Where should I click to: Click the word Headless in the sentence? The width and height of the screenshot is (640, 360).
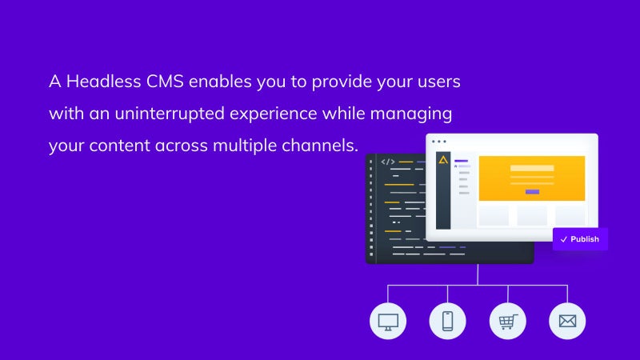104,82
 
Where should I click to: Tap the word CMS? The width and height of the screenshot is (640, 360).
166,82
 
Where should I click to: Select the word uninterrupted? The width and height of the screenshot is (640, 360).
170,114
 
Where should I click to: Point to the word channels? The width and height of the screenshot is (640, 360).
320,146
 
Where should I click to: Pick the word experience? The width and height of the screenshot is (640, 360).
273,114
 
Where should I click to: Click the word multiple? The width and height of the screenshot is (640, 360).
245,146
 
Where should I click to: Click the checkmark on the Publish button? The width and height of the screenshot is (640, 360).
564,239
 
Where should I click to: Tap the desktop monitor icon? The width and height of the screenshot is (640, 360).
388,322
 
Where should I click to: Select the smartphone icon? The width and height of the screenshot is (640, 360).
448,322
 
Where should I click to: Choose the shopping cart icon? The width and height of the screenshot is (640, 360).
508,322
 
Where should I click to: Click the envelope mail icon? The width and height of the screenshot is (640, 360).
567,322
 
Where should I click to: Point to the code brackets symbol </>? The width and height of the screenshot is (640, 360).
388,162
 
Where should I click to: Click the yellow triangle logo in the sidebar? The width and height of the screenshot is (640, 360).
443,160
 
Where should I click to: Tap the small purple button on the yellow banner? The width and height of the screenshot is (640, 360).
532,191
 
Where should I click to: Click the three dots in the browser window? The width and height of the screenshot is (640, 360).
438,142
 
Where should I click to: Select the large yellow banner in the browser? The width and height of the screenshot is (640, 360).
532,178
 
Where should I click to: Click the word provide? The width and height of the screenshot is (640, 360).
342,82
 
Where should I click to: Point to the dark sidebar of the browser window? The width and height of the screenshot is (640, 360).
443,190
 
